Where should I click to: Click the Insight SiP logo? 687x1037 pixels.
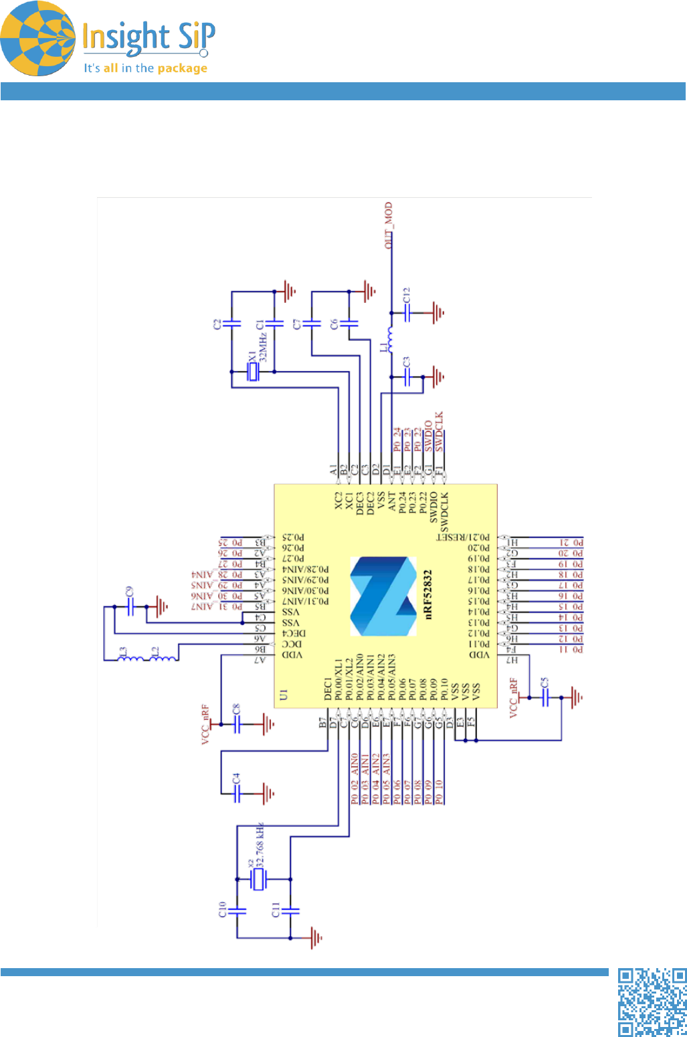coord(107,39)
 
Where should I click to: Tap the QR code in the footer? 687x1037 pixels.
coord(652,1002)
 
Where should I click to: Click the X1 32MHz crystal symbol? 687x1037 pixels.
coord(252,372)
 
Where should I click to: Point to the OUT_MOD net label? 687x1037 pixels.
coord(389,225)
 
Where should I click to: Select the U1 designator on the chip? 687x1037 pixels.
coord(284,695)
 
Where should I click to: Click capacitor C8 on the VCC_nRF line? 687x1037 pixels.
coord(236,724)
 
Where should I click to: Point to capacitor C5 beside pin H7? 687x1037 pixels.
coord(545,697)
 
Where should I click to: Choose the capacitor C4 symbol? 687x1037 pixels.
coord(236,794)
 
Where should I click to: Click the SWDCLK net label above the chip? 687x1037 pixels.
coord(439,432)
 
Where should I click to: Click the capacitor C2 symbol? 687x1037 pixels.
coord(231,324)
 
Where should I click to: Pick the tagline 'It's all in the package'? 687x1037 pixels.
coord(145,68)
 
